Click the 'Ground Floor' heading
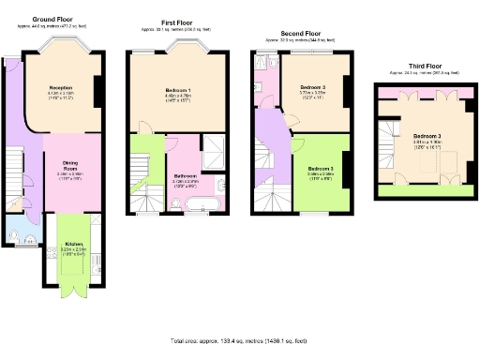(x=54, y=19)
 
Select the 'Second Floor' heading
(x=300, y=33)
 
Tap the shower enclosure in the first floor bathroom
(x=215, y=147)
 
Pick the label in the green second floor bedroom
(x=322, y=169)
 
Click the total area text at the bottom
(x=240, y=340)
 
